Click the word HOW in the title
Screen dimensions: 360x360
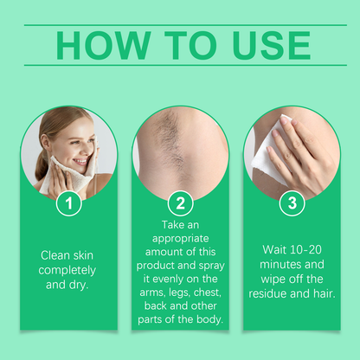104,45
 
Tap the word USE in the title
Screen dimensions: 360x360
271,45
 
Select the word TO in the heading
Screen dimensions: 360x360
190,45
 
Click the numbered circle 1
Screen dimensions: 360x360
68,203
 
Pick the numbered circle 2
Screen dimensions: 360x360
180,203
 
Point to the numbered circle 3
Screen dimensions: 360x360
292,203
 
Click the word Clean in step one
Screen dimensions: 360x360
55,255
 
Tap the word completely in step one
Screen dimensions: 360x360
67,271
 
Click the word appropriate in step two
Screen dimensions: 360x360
181,239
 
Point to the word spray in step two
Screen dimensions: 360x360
211,266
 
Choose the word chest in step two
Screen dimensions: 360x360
208,292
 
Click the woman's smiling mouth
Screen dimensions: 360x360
81,161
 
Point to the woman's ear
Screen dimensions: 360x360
45,143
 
